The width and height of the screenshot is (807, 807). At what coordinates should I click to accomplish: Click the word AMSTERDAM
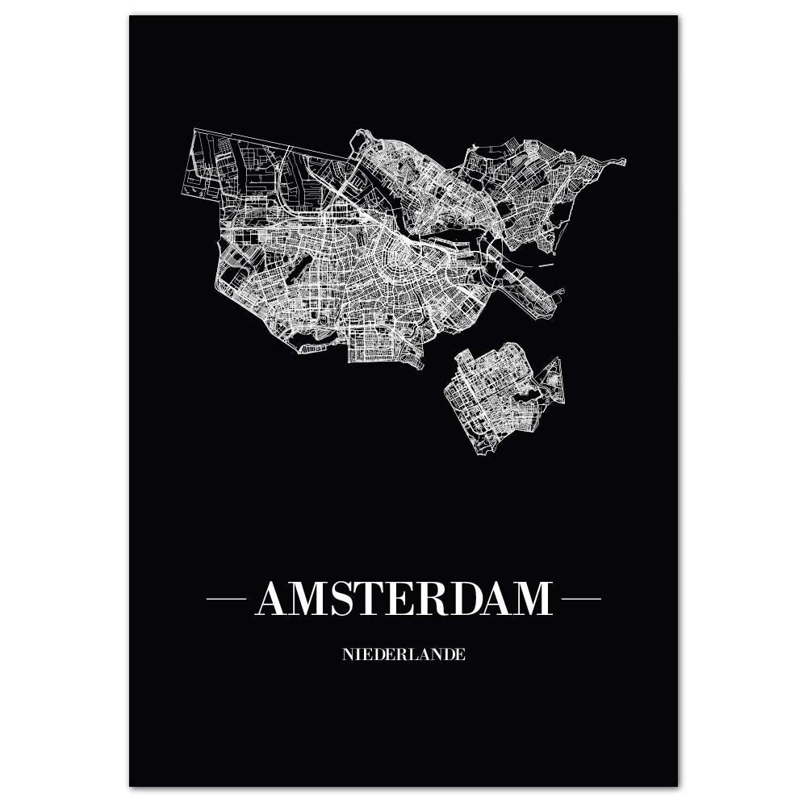click(403, 599)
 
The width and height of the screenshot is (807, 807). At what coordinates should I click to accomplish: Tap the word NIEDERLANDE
click(403, 654)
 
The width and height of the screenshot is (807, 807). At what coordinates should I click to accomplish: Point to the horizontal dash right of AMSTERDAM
click(581, 599)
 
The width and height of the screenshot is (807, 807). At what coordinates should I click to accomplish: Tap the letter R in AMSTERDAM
click(443, 599)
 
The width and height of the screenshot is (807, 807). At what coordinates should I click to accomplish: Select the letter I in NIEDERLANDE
click(356, 654)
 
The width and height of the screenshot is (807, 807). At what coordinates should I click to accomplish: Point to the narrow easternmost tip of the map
click(621, 161)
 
